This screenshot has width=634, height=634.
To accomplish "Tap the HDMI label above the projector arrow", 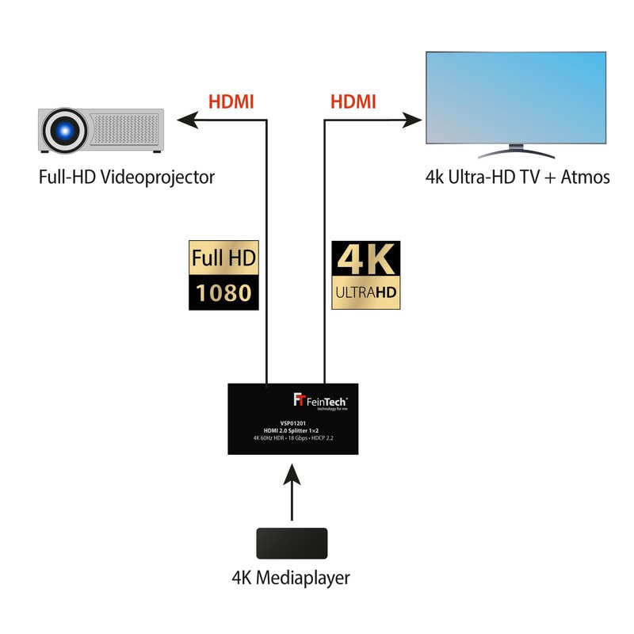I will point(232,102).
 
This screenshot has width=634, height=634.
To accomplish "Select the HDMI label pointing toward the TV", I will point(353,102).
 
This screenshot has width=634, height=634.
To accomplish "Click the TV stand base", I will point(516,152).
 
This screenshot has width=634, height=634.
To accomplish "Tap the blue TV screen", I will point(516,96).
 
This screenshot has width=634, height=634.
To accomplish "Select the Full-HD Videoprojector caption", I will point(126,177).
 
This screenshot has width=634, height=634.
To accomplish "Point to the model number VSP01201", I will point(292,423).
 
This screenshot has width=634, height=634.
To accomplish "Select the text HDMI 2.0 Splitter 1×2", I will point(292,430).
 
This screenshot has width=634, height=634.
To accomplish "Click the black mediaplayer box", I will point(292,544).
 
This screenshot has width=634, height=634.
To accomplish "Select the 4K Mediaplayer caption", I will point(292,579).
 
